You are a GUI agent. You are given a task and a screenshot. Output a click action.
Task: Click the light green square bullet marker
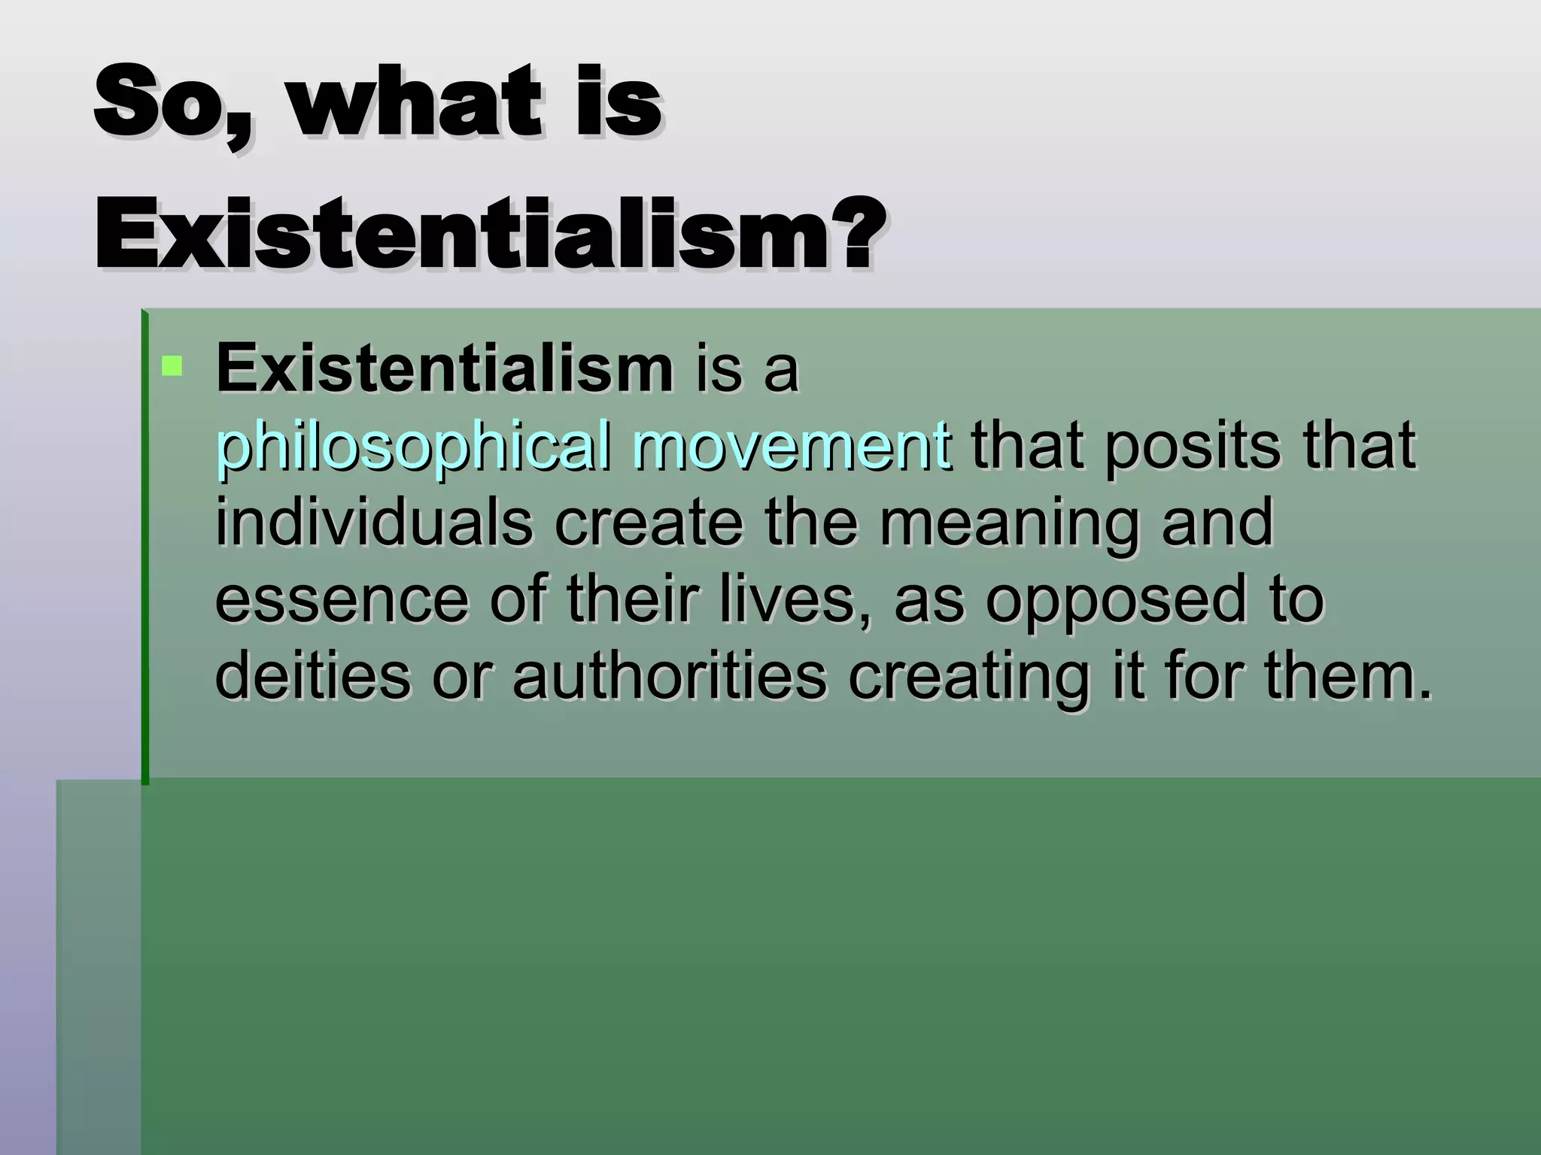[x=172, y=366]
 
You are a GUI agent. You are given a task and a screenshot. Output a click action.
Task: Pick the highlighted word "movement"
[x=790, y=446]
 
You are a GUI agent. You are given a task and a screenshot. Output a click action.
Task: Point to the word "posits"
[x=1192, y=446]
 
